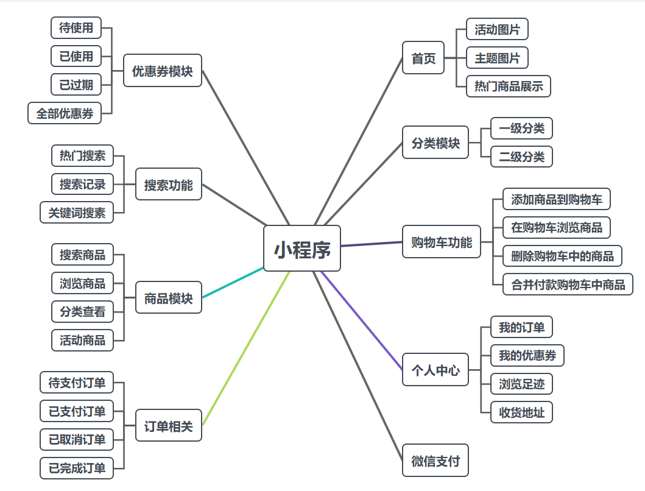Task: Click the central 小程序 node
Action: click(x=301, y=248)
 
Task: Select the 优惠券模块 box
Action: click(x=162, y=71)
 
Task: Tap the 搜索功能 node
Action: click(x=168, y=184)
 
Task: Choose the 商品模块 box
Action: click(x=168, y=298)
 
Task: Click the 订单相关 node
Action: click(x=168, y=426)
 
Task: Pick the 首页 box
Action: click(x=423, y=58)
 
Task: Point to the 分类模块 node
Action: click(x=435, y=143)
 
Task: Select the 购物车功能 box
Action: click(x=442, y=242)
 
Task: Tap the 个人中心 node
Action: click(x=435, y=369)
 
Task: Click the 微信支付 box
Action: click(x=435, y=461)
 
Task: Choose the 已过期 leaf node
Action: click(x=76, y=85)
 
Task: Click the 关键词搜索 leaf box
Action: click(x=77, y=213)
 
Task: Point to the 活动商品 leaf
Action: click(x=82, y=340)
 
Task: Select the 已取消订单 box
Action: click(x=77, y=439)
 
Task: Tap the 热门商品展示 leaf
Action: click(x=509, y=86)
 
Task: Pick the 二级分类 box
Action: click(x=521, y=157)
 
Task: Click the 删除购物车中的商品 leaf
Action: click(x=562, y=256)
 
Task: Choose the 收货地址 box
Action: click(x=521, y=412)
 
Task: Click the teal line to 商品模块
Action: click(x=233, y=283)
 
